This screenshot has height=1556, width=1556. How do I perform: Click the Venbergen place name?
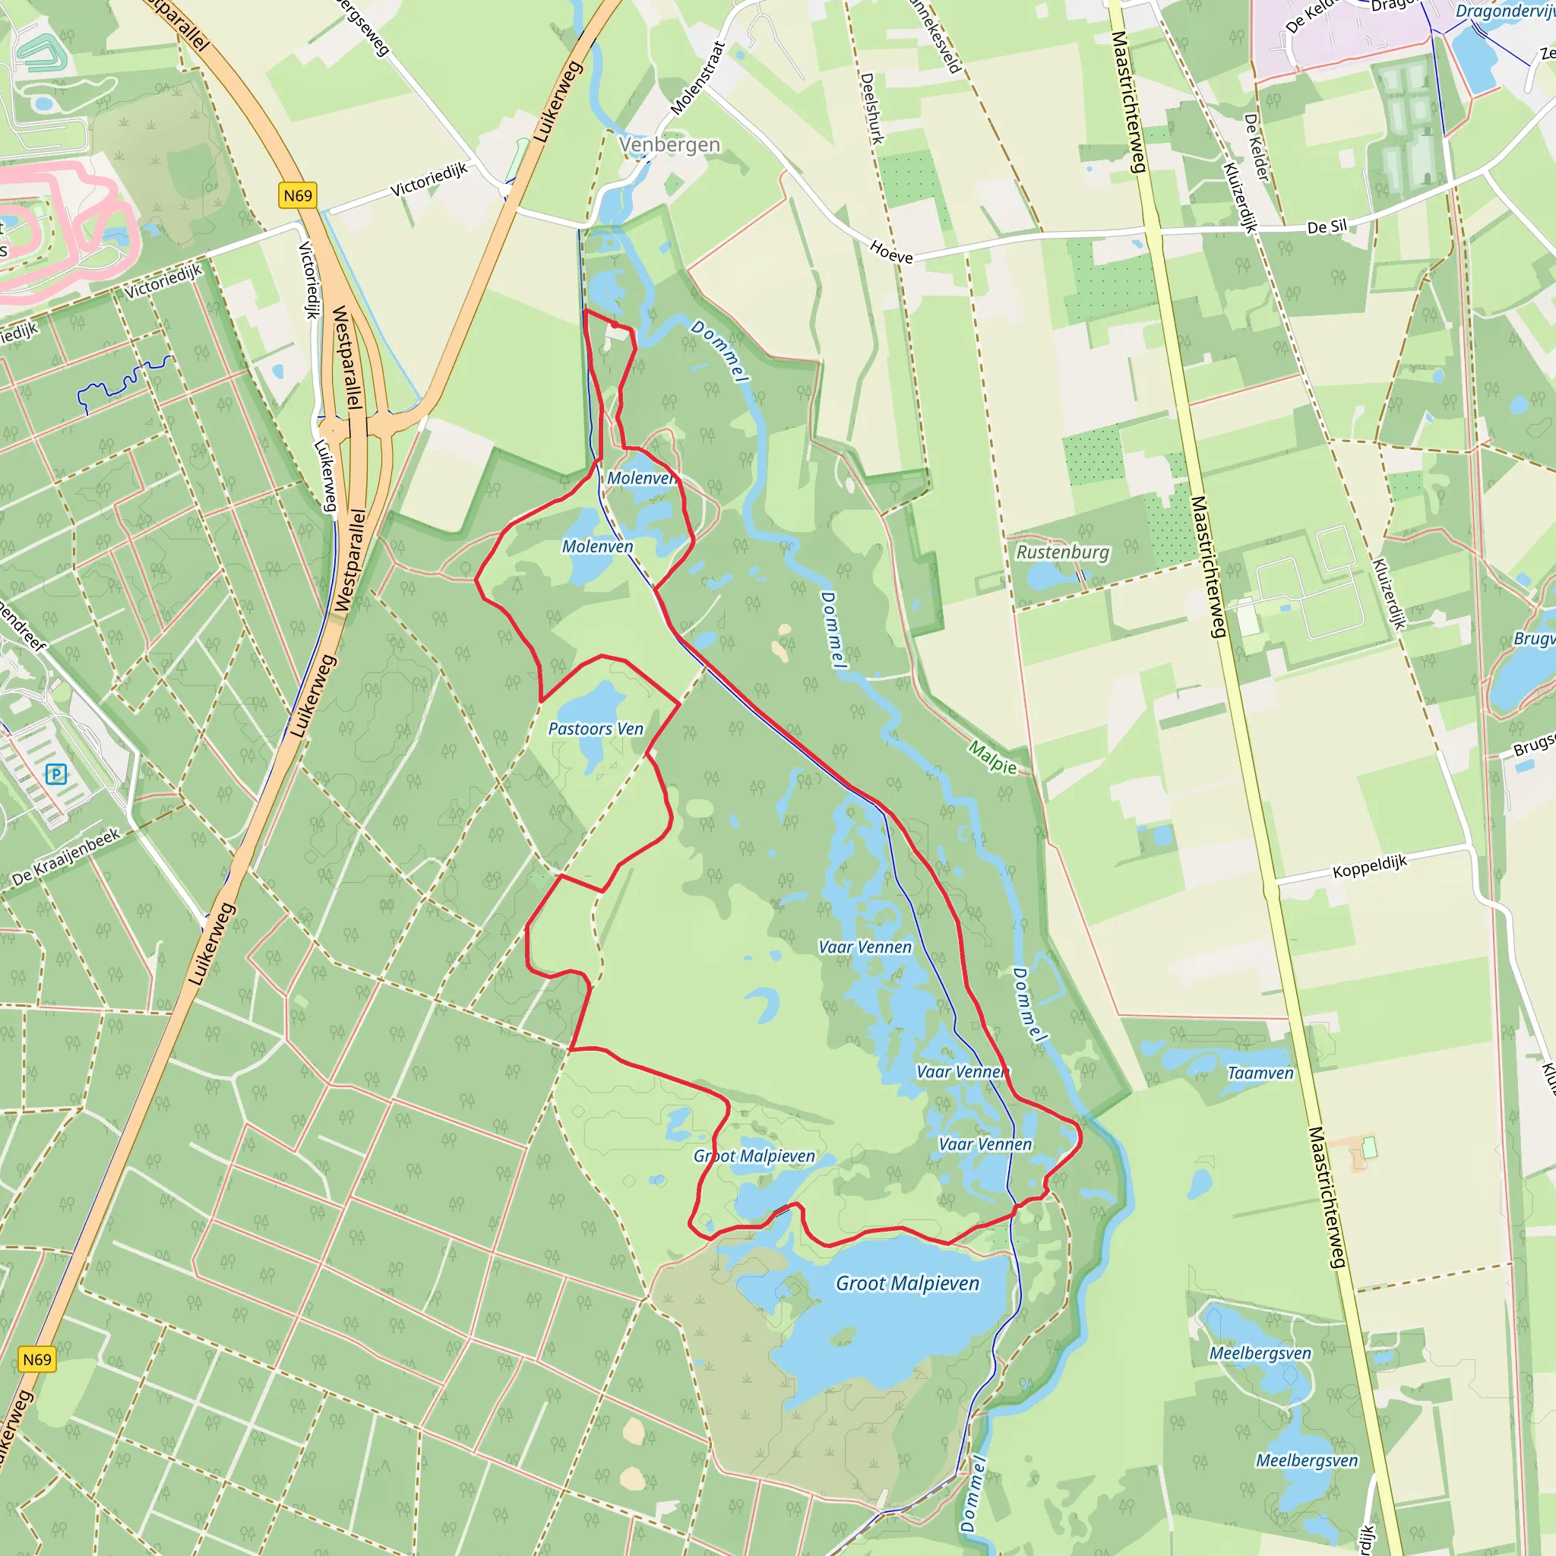pyautogui.click(x=669, y=145)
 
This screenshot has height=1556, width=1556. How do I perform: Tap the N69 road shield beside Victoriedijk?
pyautogui.click(x=297, y=196)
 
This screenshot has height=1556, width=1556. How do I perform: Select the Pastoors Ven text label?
pyautogui.click(x=596, y=729)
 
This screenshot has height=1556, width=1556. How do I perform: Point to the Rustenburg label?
pyautogui.click(x=1062, y=552)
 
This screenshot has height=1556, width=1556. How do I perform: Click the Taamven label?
pyautogui.click(x=1260, y=1073)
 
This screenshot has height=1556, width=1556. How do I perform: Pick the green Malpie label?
pyautogui.click(x=992, y=757)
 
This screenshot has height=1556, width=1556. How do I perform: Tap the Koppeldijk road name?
pyautogui.click(x=1369, y=867)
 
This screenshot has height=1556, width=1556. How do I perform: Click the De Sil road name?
pyautogui.click(x=1327, y=227)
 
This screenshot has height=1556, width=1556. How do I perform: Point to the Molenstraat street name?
pyautogui.click(x=697, y=78)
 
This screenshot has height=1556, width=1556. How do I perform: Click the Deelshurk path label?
pyautogui.click(x=872, y=109)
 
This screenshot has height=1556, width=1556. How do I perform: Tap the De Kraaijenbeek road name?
pyautogui.click(x=66, y=857)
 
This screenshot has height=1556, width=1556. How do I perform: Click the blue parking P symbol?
pyautogui.click(x=55, y=774)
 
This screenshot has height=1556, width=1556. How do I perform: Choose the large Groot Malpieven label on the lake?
pyautogui.click(x=907, y=1283)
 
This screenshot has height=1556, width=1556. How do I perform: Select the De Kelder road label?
pyautogui.click(x=1257, y=147)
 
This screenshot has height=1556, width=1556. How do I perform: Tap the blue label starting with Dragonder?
pyautogui.click(x=1504, y=11)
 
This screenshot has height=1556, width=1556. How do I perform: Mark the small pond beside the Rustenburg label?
pyautogui.click(x=1045, y=576)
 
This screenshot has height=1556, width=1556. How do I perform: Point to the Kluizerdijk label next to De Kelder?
pyautogui.click(x=1239, y=198)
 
